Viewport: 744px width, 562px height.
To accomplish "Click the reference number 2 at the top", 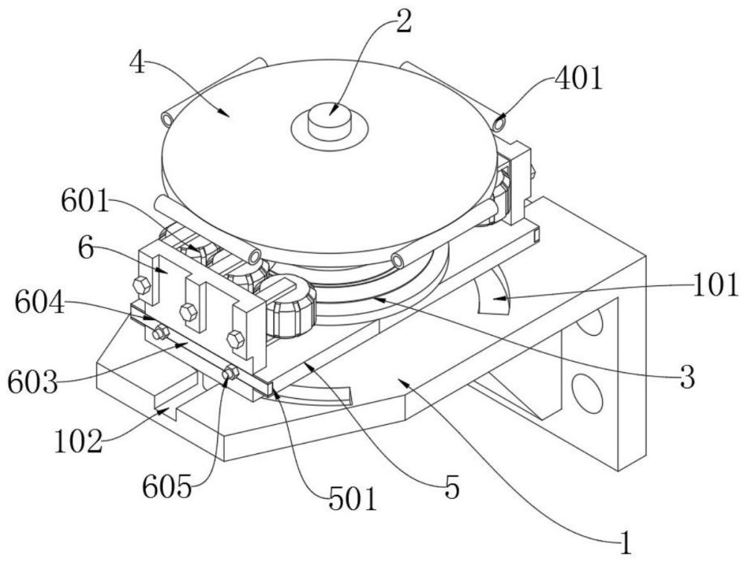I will coord(403,23).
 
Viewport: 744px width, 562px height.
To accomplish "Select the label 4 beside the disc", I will coord(136,63).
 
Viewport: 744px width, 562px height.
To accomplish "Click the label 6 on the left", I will coord(86,249).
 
